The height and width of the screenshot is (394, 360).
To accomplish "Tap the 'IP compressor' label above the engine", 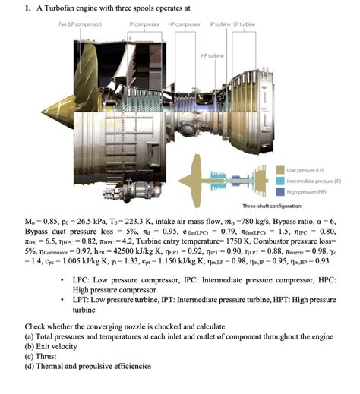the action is point(144,24).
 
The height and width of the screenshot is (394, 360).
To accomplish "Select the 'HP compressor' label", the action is point(183,24).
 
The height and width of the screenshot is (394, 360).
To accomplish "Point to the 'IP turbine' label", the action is point(219,24).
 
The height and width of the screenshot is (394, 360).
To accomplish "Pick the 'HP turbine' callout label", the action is point(213,55).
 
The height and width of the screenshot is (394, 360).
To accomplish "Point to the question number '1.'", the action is point(27,8).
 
